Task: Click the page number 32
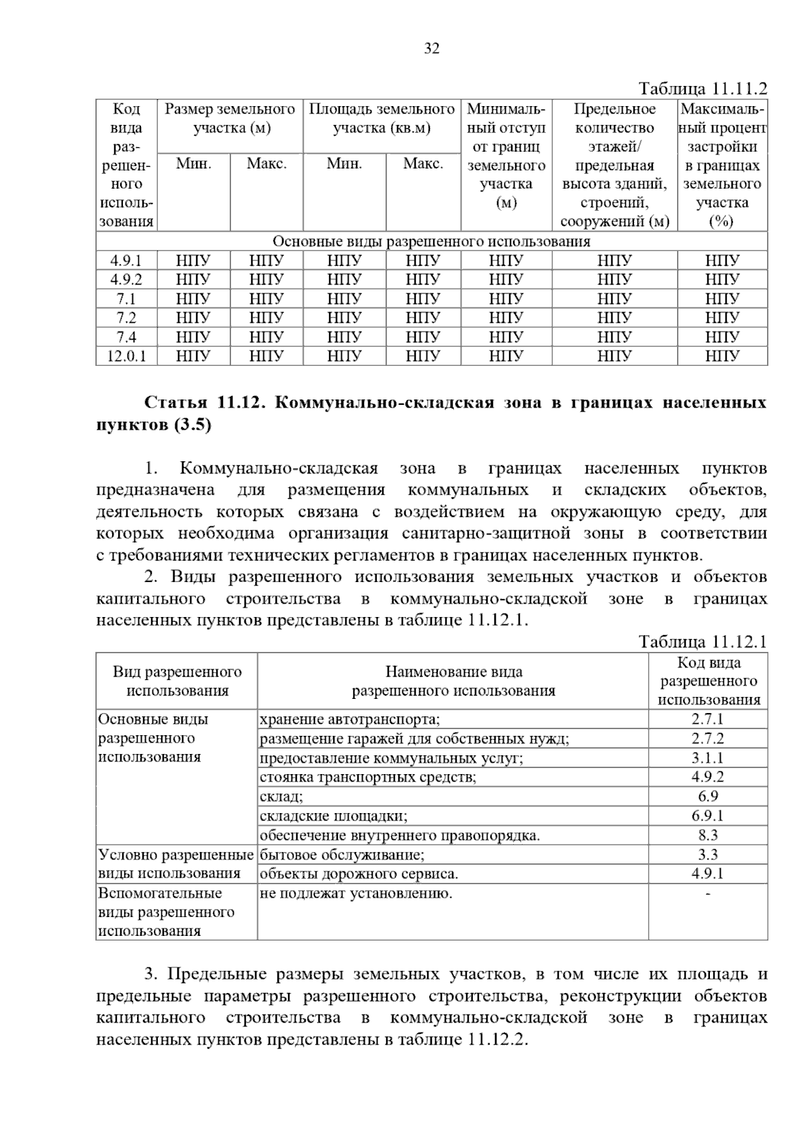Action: coord(431,48)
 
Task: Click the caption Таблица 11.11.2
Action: coord(703,89)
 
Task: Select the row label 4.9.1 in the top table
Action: coord(126,260)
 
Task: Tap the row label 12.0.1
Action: coord(126,356)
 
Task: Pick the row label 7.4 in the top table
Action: coord(126,337)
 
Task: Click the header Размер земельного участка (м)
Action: coord(230,118)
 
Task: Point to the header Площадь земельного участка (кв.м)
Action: coord(382,118)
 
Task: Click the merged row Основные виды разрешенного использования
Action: coord(431,242)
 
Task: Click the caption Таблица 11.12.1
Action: coord(703,642)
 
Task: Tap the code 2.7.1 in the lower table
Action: coord(707,719)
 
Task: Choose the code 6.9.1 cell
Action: coord(707,816)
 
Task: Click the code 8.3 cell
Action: coord(707,835)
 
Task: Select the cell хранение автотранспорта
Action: coord(350,720)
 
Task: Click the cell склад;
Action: coord(281,797)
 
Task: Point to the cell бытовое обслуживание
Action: coord(342,855)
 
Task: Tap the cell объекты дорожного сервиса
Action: coord(359,874)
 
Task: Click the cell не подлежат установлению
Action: coord(356,894)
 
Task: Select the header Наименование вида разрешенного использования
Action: coord(453,681)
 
